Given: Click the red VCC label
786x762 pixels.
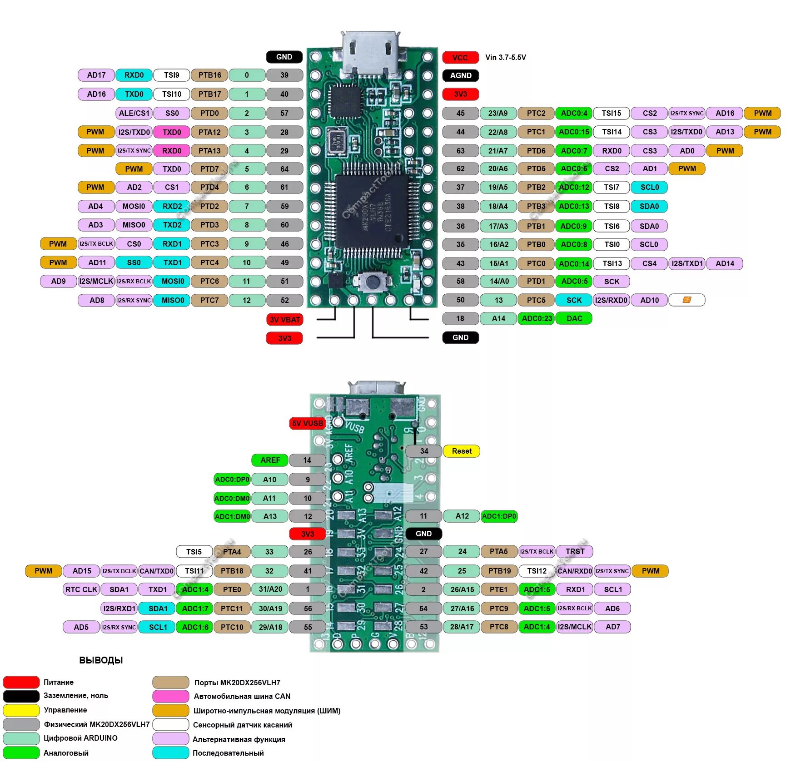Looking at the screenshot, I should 460,58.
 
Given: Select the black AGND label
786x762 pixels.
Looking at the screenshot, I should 460,75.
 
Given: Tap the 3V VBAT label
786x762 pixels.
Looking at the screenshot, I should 284,320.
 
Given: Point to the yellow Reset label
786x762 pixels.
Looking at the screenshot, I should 461,451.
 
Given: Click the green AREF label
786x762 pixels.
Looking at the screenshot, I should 270,460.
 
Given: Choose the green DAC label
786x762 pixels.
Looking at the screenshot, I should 574,318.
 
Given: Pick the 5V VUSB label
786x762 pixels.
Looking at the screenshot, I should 308,423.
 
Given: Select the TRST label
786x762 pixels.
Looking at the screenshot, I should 574,551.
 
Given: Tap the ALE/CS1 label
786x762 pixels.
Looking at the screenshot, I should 134,113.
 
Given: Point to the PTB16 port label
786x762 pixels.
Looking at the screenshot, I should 209,75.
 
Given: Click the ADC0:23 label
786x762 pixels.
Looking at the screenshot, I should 537,318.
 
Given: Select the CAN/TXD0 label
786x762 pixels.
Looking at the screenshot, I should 156,571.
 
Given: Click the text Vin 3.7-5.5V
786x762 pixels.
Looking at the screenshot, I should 505,57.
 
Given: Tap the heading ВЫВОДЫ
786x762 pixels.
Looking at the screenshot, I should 101,660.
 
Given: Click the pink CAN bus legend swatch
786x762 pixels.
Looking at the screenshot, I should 170,696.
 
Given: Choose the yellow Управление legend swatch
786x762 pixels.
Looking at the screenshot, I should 21,710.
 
